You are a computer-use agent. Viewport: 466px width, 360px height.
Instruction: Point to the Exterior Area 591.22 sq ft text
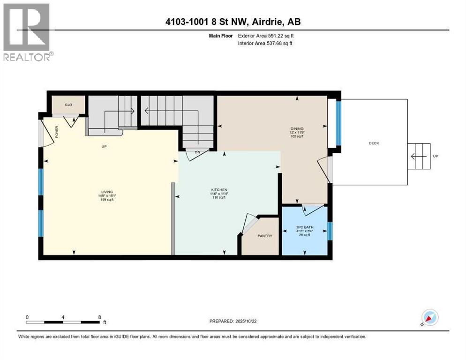pyautogui.click(x=266, y=36)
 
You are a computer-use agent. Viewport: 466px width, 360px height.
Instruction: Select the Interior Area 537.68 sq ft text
pyautogui.click(x=266, y=44)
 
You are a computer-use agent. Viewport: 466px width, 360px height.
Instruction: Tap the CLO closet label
pyautogui.click(x=68, y=105)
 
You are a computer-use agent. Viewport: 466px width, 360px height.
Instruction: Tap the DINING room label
pyautogui.click(x=297, y=128)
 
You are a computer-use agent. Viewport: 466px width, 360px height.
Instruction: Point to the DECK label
pyautogui.click(x=373, y=143)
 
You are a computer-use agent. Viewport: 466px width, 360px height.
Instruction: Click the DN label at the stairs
pyautogui.click(x=192, y=152)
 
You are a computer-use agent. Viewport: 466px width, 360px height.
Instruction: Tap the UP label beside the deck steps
pyautogui.click(x=435, y=156)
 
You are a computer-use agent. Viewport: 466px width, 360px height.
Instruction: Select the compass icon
pyautogui.click(x=429, y=318)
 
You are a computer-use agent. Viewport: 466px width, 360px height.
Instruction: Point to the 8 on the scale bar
pyautogui.click(x=99, y=317)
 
